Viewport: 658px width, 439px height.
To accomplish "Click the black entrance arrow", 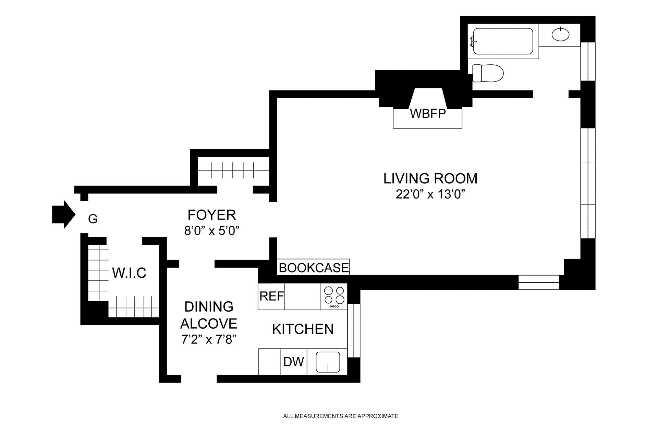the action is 63,214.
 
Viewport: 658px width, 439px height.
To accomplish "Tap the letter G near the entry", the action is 93,218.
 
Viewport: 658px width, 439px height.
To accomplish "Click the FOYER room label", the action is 212,215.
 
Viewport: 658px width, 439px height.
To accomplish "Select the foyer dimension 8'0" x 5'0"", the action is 211,231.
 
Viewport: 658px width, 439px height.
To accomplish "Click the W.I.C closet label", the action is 129,273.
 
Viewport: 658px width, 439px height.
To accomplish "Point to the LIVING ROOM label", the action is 430,178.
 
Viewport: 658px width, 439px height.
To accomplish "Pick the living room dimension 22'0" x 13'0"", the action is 430,194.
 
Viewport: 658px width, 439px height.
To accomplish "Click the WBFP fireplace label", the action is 428,114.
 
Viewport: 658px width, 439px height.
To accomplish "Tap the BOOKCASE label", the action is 314,268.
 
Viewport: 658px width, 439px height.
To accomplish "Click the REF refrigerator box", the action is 271,297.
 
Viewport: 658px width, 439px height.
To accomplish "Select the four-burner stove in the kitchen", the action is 334,297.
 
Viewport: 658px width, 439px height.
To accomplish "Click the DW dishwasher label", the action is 294,362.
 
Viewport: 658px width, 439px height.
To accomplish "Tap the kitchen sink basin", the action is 328,362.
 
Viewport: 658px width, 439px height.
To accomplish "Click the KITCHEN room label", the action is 303,329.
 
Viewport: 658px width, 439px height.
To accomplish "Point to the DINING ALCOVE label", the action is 209,315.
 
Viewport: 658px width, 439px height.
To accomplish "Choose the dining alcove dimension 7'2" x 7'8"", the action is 209,339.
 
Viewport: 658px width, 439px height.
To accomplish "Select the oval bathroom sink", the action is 561,34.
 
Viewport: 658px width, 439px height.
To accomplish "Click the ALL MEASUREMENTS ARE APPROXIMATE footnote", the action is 341,416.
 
